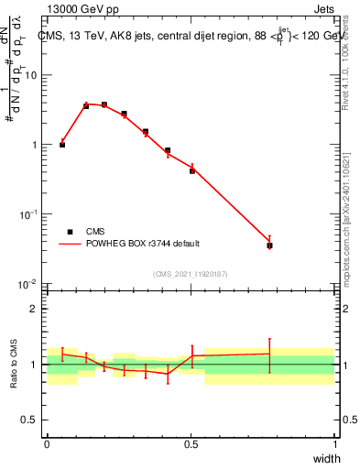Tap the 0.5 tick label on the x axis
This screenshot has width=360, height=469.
pyautogui.click(x=191, y=444)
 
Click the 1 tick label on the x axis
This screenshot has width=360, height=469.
pyautogui.click(x=335, y=444)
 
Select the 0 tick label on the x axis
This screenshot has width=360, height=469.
pyautogui.click(x=47, y=444)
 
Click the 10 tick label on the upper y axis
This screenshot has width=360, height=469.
pyautogui.click(x=31, y=75)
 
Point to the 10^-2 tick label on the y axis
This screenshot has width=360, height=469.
pyautogui.click(x=29, y=284)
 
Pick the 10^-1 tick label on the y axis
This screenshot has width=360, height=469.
pyautogui.click(x=29, y=214)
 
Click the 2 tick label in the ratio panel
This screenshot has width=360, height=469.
pyautogui.click(x=36, y=309)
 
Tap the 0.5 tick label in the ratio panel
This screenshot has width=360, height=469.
pyautogui.click(x=31, y=420)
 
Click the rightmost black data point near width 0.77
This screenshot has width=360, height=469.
pyautogui.click(x=269, y=245)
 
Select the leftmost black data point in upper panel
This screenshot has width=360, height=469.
pyautogui.click(x=62, y=145)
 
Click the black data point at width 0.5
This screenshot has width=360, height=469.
pyautogui.click(x=192, y=170)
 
